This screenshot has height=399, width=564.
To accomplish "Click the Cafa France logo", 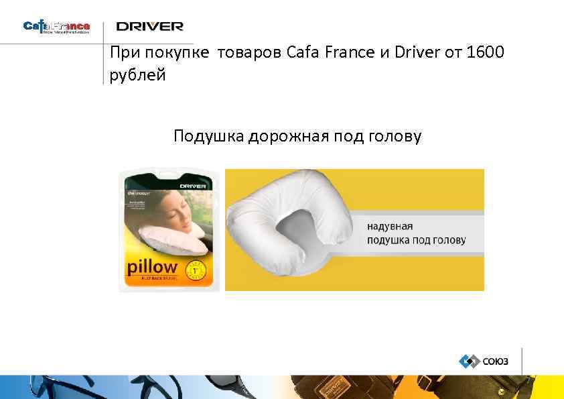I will [x=56, y=27].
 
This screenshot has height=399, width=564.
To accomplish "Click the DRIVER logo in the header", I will [x=149, y=26].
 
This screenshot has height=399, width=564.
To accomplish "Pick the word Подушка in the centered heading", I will [x=208, y=137].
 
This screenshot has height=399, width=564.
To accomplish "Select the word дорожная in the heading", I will [x=288, y=137].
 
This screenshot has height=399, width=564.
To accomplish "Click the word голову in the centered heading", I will [x=395, y=137].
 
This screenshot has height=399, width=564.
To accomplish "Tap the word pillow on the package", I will [x=152, y=267].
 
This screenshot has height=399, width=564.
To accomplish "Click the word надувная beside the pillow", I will [x=390, y=226].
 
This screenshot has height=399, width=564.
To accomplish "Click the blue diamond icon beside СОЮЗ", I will [x=468, y=361].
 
